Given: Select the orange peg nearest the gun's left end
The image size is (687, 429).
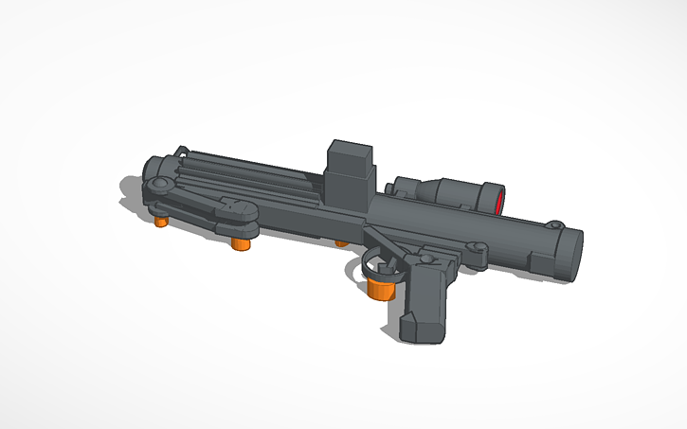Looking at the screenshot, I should [x=161, y=221].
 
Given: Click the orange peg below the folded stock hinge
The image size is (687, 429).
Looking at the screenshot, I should [x=240, y=243].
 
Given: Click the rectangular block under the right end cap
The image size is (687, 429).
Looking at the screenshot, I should [x=540, y=262].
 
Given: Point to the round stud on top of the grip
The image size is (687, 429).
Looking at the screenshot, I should [x=430, y=257].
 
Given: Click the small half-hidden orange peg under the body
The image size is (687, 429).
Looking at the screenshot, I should [x=340, y=243].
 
